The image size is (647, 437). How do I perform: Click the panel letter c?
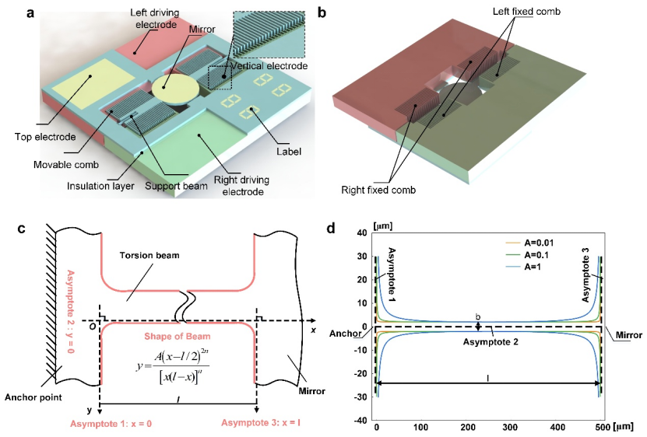click(20, 229)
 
